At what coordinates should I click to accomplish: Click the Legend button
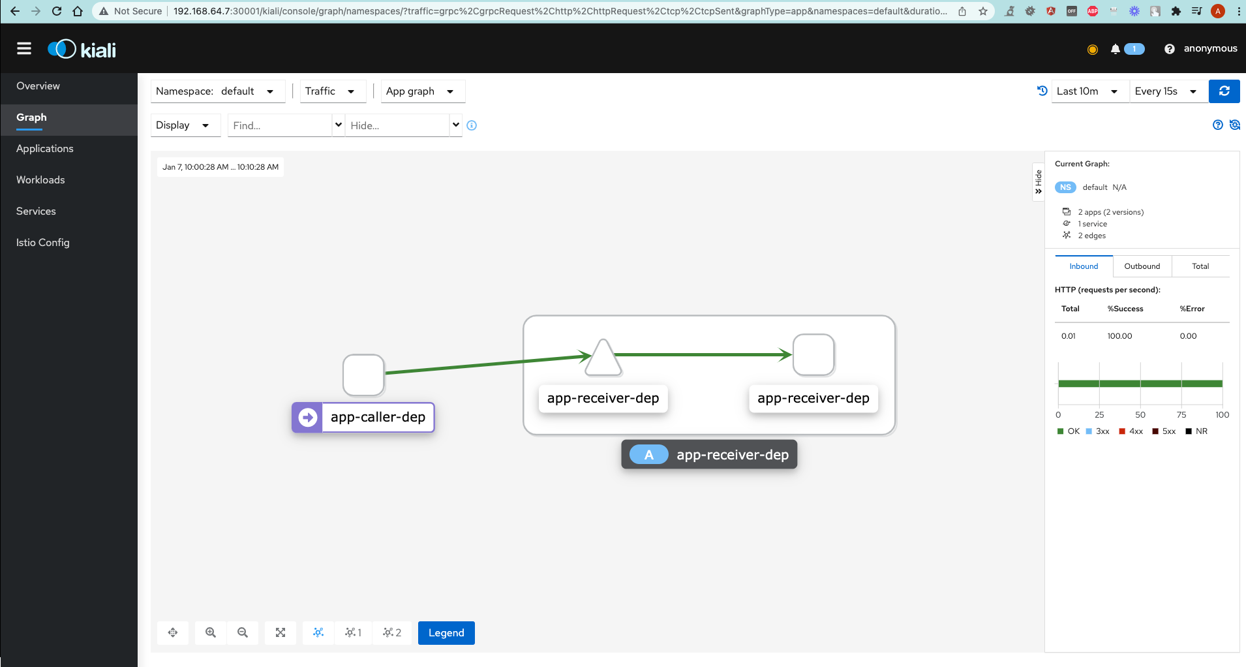tap(446, 632)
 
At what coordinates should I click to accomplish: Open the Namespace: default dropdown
tap(218, 91)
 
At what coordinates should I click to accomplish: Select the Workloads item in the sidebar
tap(40, 179)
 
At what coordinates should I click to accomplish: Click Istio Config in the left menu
tap(43, 242)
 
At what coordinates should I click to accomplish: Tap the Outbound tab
tap(1142, 266)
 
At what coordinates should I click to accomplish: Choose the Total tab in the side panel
tap(1200, 266)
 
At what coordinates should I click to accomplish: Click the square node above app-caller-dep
tap(363, 375)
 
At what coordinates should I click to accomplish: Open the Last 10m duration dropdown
tap(1090, 91)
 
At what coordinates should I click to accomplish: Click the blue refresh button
tap(1224, 91)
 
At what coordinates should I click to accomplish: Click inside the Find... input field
tap(280, 125)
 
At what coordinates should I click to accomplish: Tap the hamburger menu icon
tap(24, 48)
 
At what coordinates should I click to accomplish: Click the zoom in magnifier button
tap(211, 632)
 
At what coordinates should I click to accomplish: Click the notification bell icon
tap(1116, 49)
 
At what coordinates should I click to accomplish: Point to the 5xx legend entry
tap(1164, 431)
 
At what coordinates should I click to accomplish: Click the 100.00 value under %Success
tap(1119, 336)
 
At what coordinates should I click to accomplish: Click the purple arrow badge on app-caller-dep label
tap(307, 417)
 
